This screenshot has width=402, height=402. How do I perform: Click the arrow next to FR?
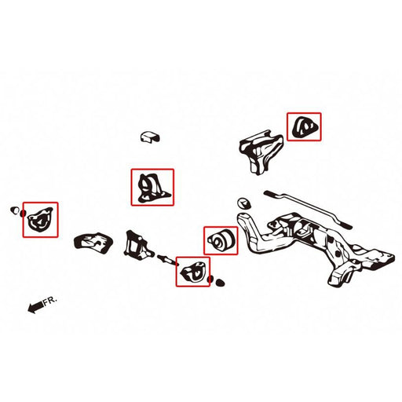click(x=35, y=308)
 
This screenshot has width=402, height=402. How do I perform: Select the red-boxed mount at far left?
click(x=38, y=220)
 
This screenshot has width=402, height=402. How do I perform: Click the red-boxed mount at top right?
click(x=303, y=126)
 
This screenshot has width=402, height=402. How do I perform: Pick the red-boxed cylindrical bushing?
click(x=221, y=239)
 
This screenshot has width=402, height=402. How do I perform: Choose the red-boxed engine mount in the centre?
click(x=151, y=188)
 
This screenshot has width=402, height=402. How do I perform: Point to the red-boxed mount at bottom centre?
click(x=192, y=272)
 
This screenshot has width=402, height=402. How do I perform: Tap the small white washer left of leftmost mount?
click(x=14, y=210)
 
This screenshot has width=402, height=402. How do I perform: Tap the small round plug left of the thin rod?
click(x=243, y=202)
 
